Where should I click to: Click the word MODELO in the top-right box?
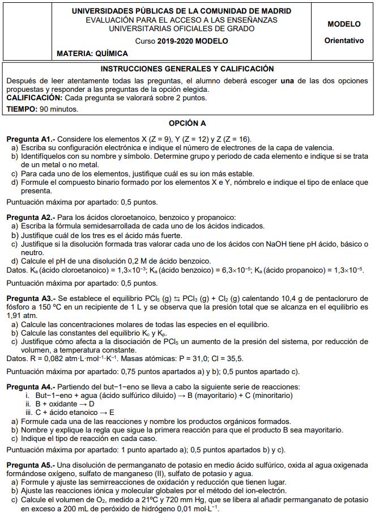coord(344,24)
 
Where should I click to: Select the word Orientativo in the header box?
coord(344,41)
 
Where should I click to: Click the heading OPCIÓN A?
coord(188,123)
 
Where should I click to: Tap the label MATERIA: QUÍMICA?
coord(92,53)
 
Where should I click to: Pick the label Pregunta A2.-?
coord(31,217)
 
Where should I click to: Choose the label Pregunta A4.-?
coord(31,387)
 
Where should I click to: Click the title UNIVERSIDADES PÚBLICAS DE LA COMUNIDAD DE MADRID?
coord(182,11)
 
